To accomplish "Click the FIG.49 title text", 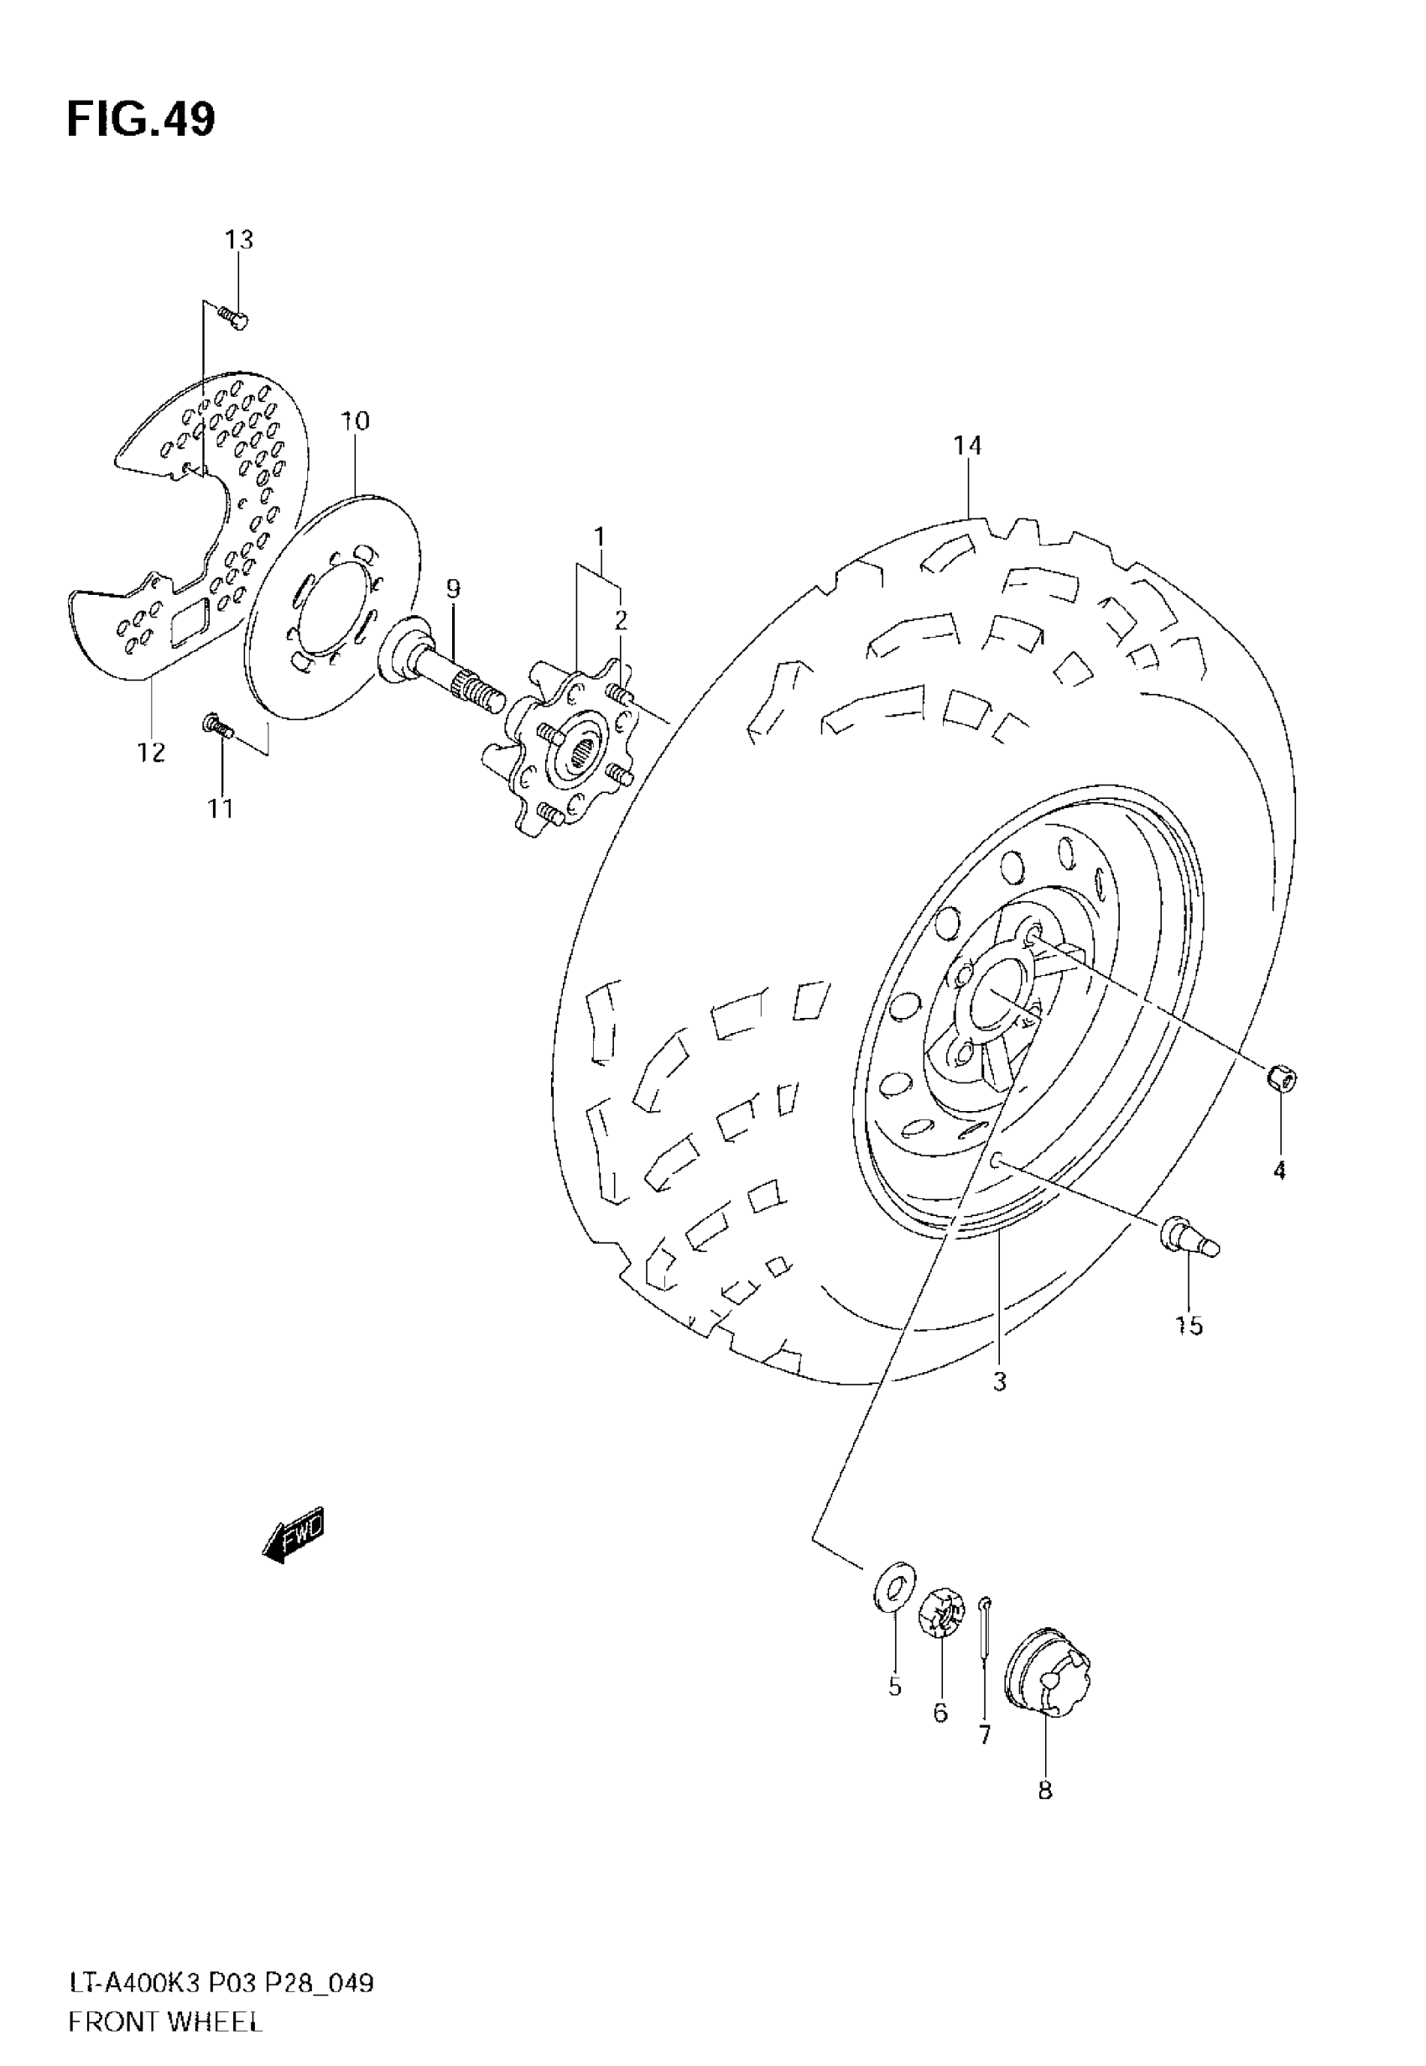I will (140, 120).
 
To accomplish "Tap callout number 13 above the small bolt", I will (238, 239).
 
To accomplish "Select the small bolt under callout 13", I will (235, 316).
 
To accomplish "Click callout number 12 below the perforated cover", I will (151, 753).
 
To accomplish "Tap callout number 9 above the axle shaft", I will (453, 589).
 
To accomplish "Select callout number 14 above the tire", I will (967, 445).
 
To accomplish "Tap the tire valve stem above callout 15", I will (1190, 1239).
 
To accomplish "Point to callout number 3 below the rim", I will (1000, 1381).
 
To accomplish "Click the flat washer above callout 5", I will (893, 1587).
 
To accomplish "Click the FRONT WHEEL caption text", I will (165, 2022).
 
